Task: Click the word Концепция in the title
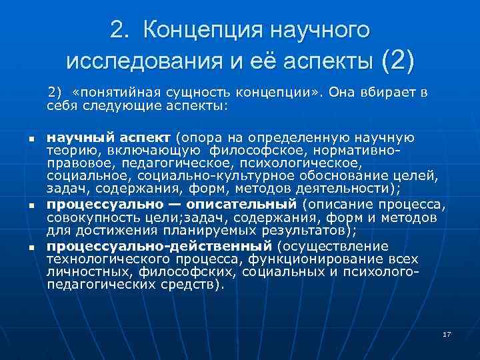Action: pos(201,31)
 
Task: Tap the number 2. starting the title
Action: pos(121,31)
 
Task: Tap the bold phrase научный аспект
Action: pos(110,138)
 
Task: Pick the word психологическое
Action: pos(307,162)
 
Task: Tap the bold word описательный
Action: pos(247,203)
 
